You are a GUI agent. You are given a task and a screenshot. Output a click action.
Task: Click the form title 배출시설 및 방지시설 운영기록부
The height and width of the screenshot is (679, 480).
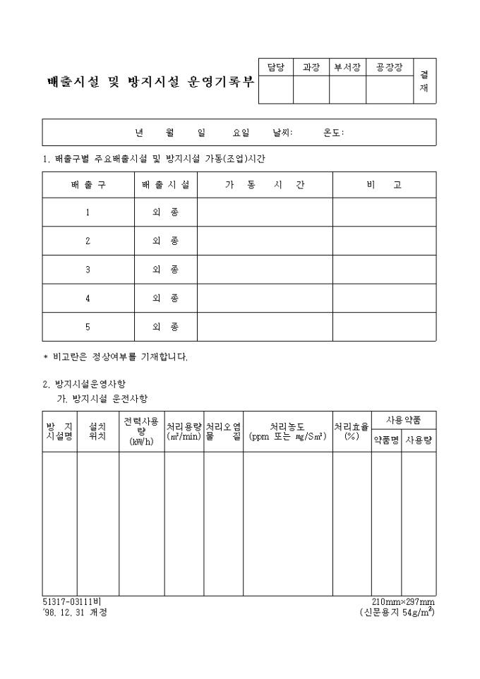149,82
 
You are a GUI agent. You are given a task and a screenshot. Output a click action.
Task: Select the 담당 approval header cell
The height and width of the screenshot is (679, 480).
275,68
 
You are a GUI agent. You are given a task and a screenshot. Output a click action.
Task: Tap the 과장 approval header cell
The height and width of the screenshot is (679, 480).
311,68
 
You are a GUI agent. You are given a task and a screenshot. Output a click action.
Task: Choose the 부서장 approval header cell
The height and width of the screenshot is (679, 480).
347,68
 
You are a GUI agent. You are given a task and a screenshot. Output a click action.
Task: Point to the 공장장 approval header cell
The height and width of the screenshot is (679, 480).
389,68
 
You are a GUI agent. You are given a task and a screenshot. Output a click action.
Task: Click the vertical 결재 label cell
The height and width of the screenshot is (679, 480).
424,81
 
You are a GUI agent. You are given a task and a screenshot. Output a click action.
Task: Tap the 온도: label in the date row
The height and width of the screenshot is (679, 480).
333,132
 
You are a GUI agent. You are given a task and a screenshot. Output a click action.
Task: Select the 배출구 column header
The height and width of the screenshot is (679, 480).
88,185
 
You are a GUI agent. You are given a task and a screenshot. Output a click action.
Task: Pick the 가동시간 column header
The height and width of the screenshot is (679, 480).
265,185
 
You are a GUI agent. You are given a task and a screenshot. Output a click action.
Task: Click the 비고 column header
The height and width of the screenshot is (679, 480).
384,185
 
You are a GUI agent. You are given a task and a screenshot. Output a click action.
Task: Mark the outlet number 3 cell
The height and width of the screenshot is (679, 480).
88,270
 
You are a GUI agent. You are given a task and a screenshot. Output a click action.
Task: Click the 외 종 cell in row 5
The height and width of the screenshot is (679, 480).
166,327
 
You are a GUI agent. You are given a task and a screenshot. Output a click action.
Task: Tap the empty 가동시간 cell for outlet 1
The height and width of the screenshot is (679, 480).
265,212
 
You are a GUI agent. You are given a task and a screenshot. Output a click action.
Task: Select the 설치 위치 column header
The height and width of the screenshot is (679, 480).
97,431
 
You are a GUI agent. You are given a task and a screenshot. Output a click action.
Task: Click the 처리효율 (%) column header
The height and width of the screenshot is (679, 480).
352,431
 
